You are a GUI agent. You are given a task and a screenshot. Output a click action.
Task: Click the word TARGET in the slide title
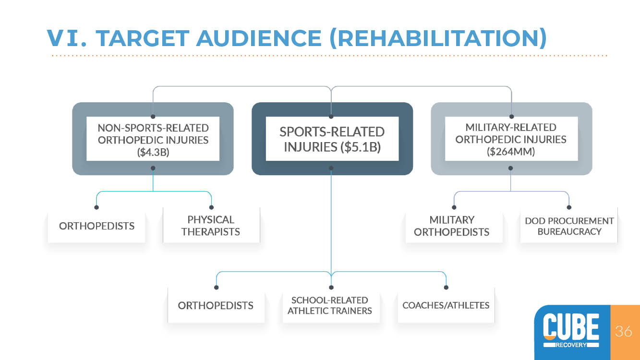click(x=142, y=38)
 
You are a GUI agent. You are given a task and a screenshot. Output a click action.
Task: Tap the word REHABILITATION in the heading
click(x=438, y=38)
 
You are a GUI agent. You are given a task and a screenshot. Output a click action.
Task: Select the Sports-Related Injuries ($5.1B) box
click(x=332, y=139)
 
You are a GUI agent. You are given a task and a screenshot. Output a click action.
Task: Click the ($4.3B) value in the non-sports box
click(x=153, y=152)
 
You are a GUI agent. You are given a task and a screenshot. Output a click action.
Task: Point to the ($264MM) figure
click(x=511, y=151)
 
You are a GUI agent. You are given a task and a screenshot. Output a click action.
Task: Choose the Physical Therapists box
click(x=211, y=226)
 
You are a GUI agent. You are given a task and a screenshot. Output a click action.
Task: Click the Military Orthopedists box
click(x=454, y=226)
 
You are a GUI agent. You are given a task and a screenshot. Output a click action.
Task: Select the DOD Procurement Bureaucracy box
click(x=569, y=226)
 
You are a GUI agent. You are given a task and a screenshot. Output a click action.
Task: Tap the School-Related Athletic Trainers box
click(x=331, y=305)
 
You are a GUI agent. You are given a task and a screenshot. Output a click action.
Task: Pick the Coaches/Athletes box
click(x=446, y=305)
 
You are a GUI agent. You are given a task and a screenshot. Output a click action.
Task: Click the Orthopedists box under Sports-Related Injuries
click(x=216, y=305)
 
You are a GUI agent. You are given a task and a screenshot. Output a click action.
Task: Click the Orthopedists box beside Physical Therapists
click(x=97, y=226)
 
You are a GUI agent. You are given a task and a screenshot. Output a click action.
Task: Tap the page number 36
click(x=623, y=331)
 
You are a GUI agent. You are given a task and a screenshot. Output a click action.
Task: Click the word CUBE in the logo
click(x=571, y=326)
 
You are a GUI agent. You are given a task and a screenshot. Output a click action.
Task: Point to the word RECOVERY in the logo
click(x=571, y=345)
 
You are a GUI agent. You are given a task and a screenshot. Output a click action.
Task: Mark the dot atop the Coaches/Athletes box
click(x=446, y=288)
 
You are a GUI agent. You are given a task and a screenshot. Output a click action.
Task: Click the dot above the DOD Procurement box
click(x=569, y=207)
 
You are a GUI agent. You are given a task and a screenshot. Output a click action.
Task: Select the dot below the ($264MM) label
click(x=510, y=168)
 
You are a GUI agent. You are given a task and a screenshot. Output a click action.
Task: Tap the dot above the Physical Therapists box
click(x=211, y=207)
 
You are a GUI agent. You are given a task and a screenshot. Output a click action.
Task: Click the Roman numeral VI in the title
click(x=66, y=38)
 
